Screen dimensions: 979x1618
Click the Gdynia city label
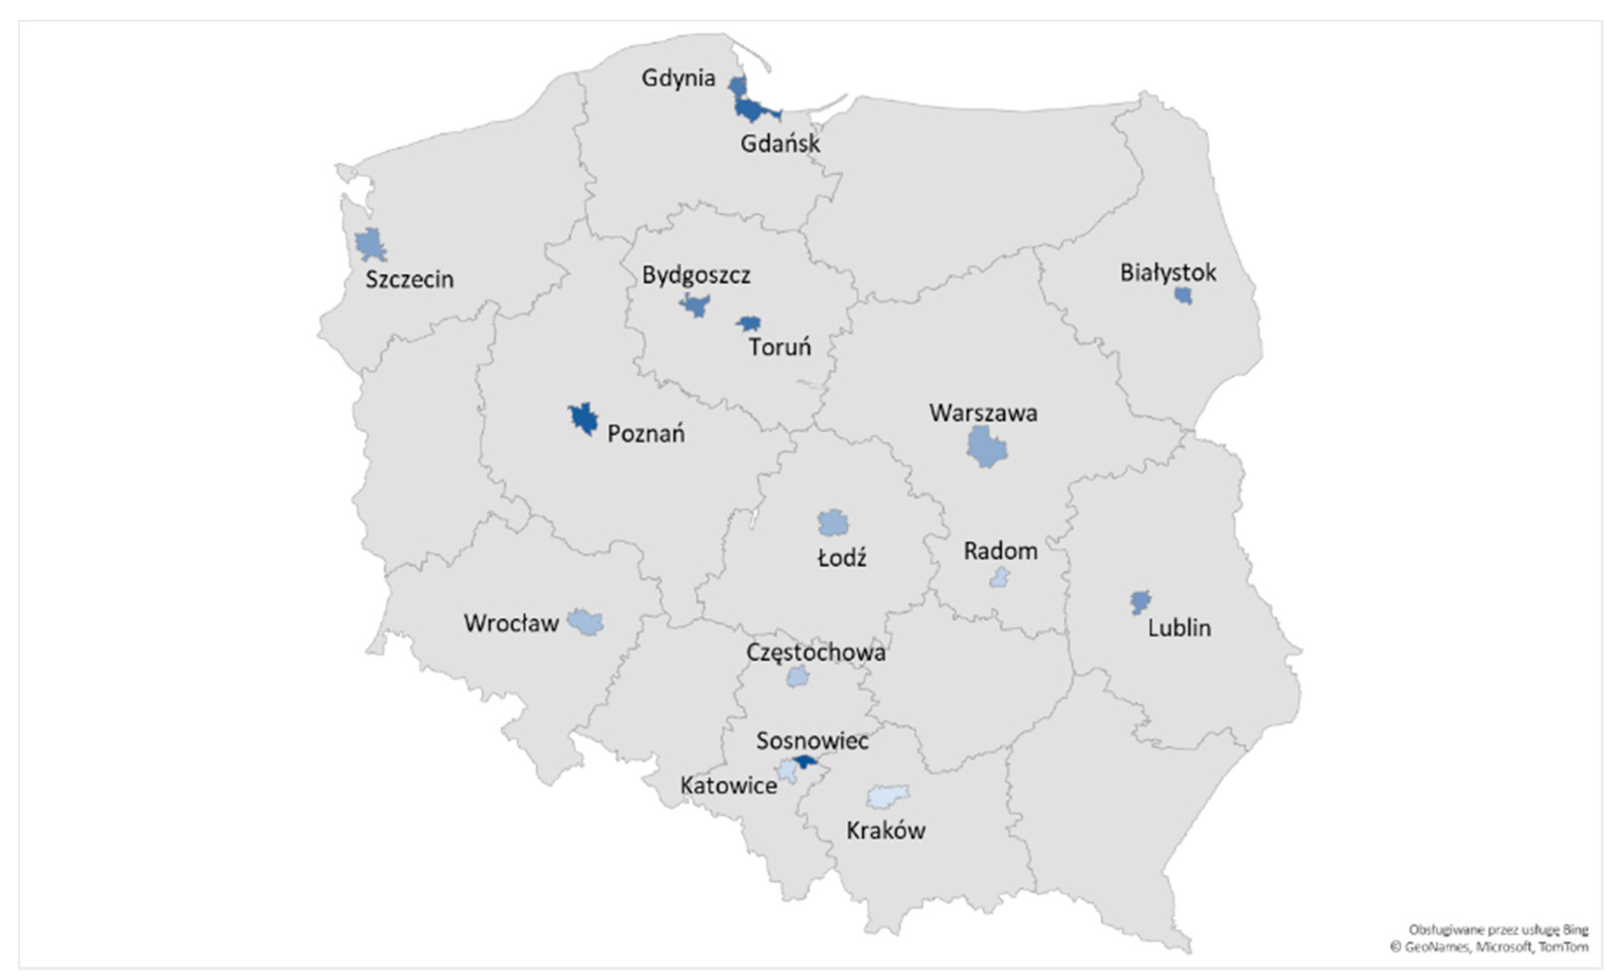pos(678,78)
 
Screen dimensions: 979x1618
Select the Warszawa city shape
pos(985,447)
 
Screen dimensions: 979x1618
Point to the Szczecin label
pos(409,280)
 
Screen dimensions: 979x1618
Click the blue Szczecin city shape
pos(370,245)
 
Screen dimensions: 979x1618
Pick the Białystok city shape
pos(1183,295)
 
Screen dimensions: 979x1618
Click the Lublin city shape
pos(1140,601)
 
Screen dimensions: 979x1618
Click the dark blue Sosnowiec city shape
pos(805,761)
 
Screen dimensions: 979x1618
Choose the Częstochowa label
pos(815,653)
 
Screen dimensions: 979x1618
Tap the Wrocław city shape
pos(585,621)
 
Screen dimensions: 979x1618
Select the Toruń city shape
pos(749,323)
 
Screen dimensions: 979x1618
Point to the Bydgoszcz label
pos(696,275)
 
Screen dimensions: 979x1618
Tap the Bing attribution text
pos(1498,930)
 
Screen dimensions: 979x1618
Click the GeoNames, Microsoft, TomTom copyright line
pos(1489,947)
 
